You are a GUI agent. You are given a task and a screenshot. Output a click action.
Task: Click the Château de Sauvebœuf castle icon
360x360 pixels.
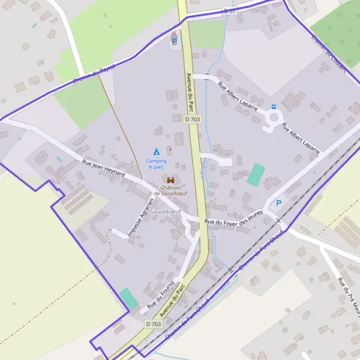coord(171,179)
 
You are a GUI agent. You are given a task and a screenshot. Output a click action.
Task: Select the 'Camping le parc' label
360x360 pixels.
coord(156,164)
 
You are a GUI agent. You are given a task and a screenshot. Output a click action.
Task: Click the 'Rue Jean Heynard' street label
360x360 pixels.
coord(103,167)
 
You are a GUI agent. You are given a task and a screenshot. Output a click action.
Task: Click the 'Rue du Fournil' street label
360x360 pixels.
coord(161,293)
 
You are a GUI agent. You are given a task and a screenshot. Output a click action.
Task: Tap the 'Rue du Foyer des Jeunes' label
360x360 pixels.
coord(234,221)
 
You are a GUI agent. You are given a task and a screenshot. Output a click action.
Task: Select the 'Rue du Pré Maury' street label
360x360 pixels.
coord(349,294)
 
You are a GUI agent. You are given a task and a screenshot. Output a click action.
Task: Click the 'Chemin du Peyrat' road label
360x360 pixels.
coord(92,74)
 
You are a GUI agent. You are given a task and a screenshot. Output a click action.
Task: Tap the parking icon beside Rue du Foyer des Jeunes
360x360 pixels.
coord(278,203)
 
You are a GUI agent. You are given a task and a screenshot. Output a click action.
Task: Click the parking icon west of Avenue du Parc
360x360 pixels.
coord(175,41)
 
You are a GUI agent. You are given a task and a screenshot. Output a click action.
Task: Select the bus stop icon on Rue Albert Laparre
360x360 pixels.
coord(274,107)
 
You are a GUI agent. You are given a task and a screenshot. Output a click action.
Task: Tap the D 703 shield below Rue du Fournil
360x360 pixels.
coord(154,323)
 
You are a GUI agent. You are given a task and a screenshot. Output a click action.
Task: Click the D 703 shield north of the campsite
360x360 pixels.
coord(192,119)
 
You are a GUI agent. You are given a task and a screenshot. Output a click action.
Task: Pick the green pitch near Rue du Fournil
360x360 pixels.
coord(128,298)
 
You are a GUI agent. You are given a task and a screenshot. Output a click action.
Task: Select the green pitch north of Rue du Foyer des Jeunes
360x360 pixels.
coord(256,174)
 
